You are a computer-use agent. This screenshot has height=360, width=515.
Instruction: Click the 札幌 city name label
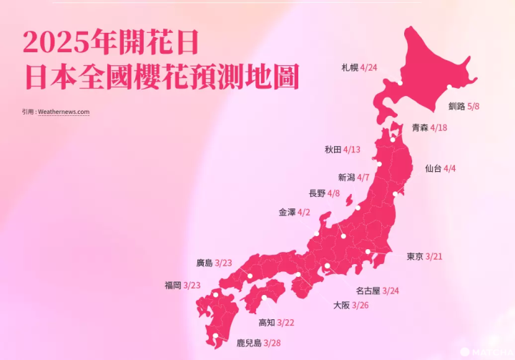coord(350,68)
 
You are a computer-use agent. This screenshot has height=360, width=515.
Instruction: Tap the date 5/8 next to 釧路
coord(474,106)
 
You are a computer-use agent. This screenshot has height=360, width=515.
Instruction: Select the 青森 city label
coord(420,127)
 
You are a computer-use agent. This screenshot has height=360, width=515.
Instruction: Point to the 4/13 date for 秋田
coord(352,150)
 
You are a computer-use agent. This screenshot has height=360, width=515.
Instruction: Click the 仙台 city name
coord(433,168)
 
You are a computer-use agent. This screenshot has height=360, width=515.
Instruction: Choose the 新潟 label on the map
coord(346,177)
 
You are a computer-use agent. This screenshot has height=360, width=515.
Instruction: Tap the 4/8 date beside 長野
coord(334,193)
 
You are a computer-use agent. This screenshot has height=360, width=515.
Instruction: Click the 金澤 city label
coord(287,213)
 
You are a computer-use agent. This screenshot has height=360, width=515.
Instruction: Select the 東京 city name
coord(415,256)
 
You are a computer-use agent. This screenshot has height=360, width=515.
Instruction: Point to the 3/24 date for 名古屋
coord(391,291)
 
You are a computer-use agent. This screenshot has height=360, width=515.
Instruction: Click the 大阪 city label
coord(341,305)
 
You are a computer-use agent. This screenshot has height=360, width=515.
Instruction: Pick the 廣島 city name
coord(205,263)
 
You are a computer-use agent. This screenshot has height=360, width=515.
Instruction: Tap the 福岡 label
coord(172,285)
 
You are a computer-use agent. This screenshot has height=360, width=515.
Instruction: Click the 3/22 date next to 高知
coord(285,323)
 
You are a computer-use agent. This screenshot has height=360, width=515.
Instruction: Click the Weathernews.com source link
coord(64,112)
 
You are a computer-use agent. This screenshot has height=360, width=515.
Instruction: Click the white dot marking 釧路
coord(449,87)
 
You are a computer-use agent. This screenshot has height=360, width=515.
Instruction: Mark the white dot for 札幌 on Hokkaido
coord(401,84)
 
